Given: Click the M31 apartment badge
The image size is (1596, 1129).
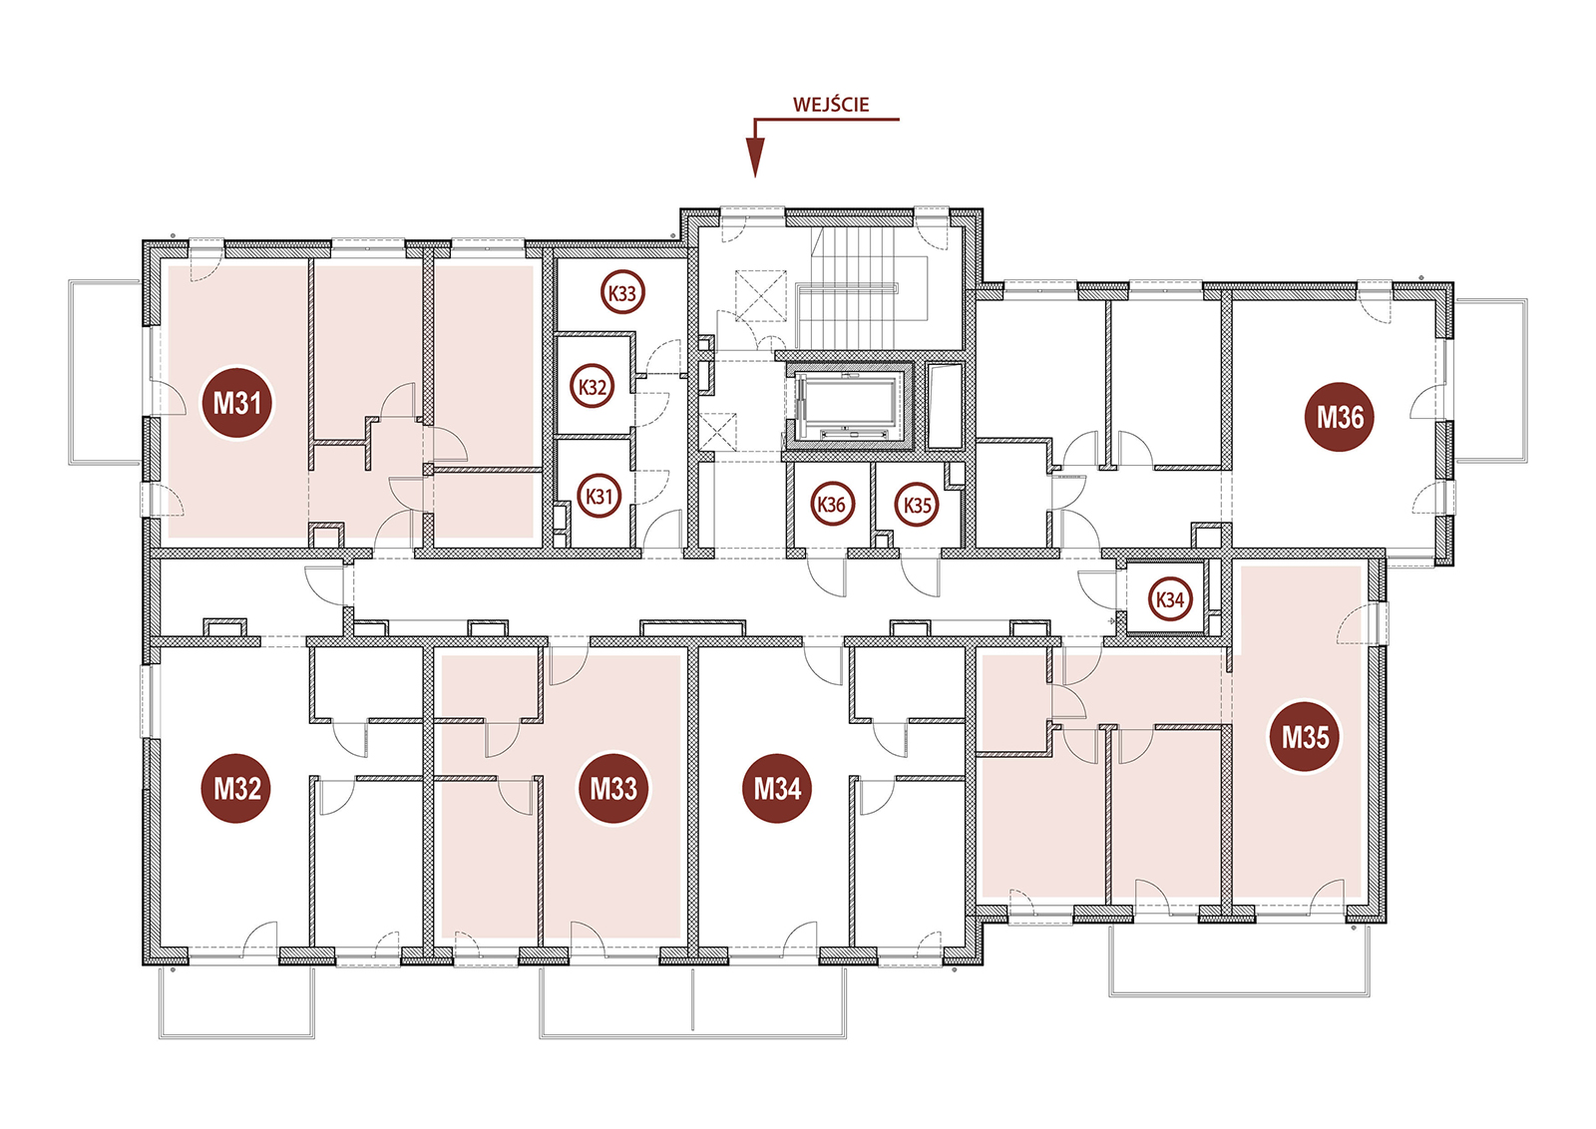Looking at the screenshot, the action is (236, 403).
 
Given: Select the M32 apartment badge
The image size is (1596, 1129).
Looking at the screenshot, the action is (236, 789).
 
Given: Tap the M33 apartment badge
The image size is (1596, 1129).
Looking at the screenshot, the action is (613, 789).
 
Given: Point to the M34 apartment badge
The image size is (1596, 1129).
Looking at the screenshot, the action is (777, 789).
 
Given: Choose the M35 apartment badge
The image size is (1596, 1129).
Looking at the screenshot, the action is (1305, 737).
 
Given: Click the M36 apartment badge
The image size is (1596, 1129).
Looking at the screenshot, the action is (1340, 417).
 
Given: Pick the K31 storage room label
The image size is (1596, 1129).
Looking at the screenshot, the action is (598, 496).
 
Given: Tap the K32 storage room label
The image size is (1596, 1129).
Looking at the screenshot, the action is (593, 387).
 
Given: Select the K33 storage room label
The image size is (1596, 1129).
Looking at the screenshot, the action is (622, 293).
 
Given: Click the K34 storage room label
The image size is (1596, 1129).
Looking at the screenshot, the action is (1170, 599).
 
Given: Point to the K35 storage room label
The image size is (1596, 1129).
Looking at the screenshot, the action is (917, 505).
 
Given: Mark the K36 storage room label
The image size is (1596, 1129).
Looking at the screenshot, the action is (832, 505).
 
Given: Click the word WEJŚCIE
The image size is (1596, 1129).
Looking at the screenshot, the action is (831, 105).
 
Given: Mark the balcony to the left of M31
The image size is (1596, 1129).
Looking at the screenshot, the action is (104, 373).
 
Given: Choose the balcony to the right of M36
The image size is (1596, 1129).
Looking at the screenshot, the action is (1490, 380).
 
